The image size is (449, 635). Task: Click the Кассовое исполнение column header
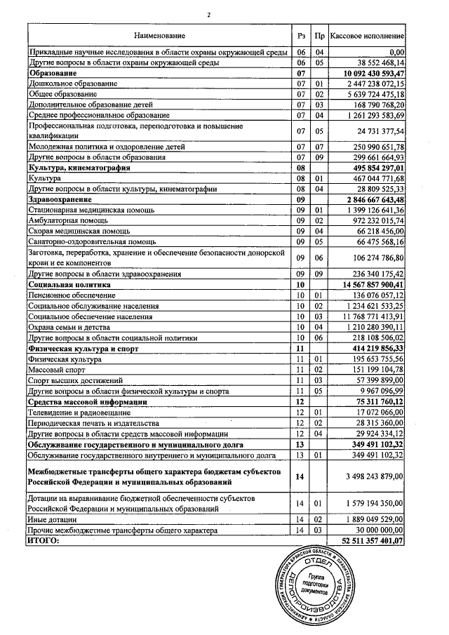tap(368, 35)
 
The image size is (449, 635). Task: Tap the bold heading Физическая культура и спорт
tap(83, 348)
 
